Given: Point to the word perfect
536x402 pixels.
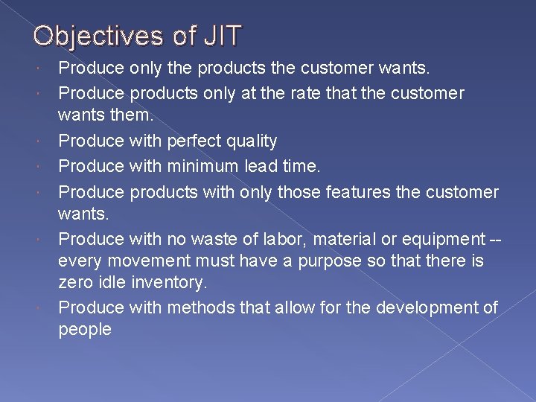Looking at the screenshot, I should coord(196,141).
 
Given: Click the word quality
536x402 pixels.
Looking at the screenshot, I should coord(251,141).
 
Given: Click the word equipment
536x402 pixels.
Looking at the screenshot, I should coord(441,240).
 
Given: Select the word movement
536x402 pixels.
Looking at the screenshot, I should coord(150,261).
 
